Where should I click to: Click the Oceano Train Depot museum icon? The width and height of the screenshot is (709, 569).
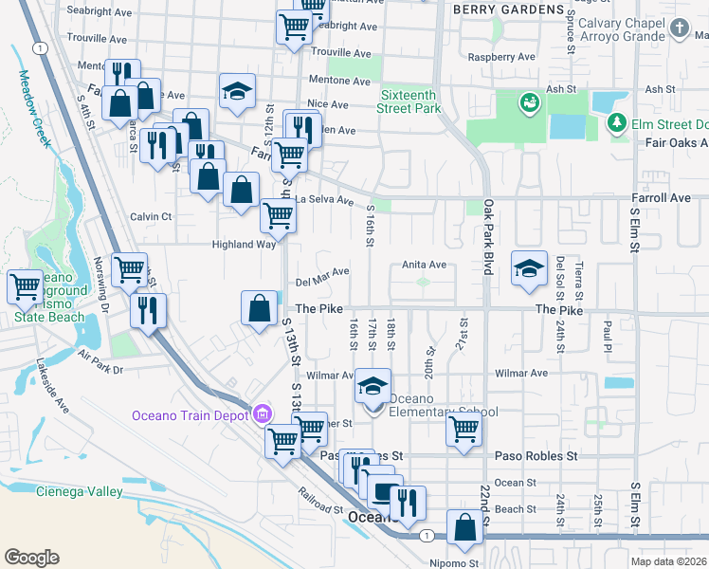click(263, 414)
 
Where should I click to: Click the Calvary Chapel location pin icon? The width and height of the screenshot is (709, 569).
click(679, 28)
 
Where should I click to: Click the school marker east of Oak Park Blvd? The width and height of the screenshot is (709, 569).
click(529, 268)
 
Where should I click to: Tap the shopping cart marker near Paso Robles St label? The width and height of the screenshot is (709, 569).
click(464, 430)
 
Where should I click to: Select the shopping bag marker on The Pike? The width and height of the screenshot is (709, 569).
click(259, 309)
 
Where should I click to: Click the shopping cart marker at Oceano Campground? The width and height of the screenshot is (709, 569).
click(26, 286)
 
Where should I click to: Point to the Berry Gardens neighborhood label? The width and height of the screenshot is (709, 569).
click(507, 9)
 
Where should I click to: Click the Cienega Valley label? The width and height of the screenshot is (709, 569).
click(80, 491)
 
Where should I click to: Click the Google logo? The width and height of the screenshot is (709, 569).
click(31, 558)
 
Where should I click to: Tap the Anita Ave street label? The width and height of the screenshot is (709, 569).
click(424, 266)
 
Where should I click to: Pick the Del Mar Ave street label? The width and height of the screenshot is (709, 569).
click(322, 282)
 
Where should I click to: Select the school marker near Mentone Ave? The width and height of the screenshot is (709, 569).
click(237, 91)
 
